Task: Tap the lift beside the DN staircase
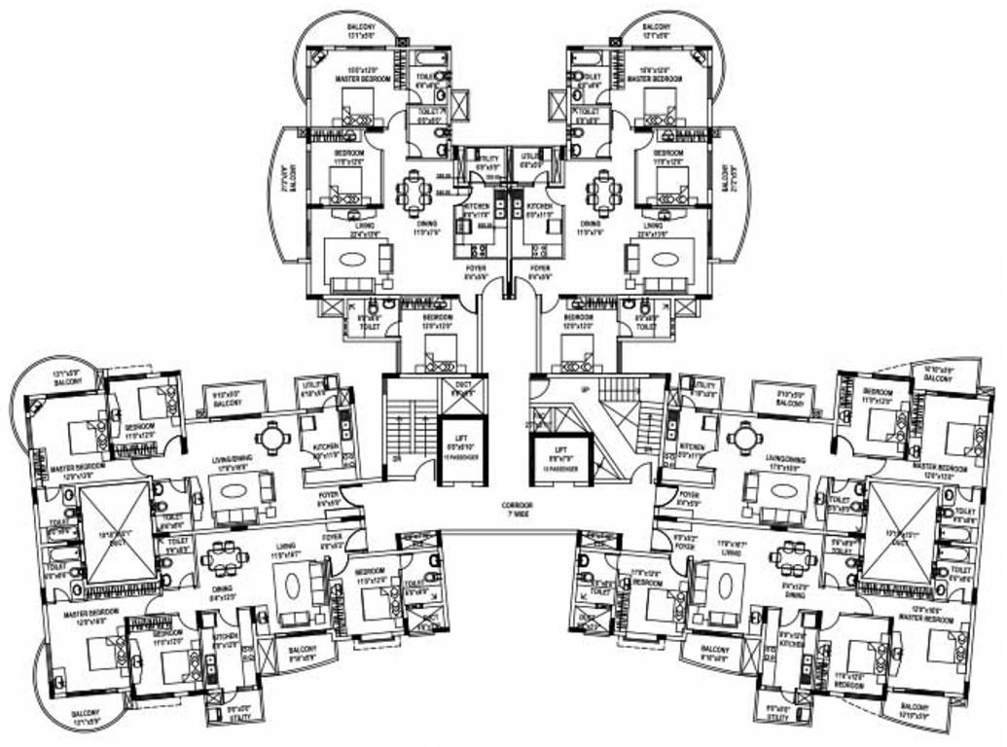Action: (462, 450)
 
